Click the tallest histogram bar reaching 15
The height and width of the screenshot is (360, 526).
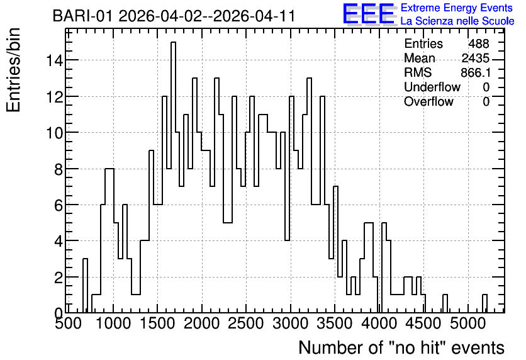tap(173, 177)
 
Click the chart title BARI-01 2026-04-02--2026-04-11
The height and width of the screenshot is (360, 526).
tap(174, 16)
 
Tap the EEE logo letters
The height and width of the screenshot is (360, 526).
tap(369, 14)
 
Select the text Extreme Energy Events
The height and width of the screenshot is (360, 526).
tap(456, 8)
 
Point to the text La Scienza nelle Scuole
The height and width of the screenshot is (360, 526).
tap(457, 21)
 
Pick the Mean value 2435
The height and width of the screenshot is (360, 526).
tap(475, 58)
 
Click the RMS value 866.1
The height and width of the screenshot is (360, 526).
tap(475, 72)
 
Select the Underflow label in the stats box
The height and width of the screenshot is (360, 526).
tap(432, 87)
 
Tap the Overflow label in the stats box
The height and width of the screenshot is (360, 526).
tap(428, 101)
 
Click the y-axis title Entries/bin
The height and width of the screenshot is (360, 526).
tap(13, 70)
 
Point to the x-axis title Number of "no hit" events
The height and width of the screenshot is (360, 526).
tap(401, 347)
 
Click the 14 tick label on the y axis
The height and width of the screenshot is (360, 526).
tap(54, 60)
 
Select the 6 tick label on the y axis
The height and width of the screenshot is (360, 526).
tap(59, 205)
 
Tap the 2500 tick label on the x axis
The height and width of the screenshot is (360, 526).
tap(246, 323)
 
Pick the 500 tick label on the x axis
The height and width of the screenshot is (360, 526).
tap(68, 323)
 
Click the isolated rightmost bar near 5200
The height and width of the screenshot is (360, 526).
tap(484, 303)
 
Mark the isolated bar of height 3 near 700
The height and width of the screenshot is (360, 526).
tap(85, 286)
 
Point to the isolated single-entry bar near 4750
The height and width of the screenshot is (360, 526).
tap(445, 303)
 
